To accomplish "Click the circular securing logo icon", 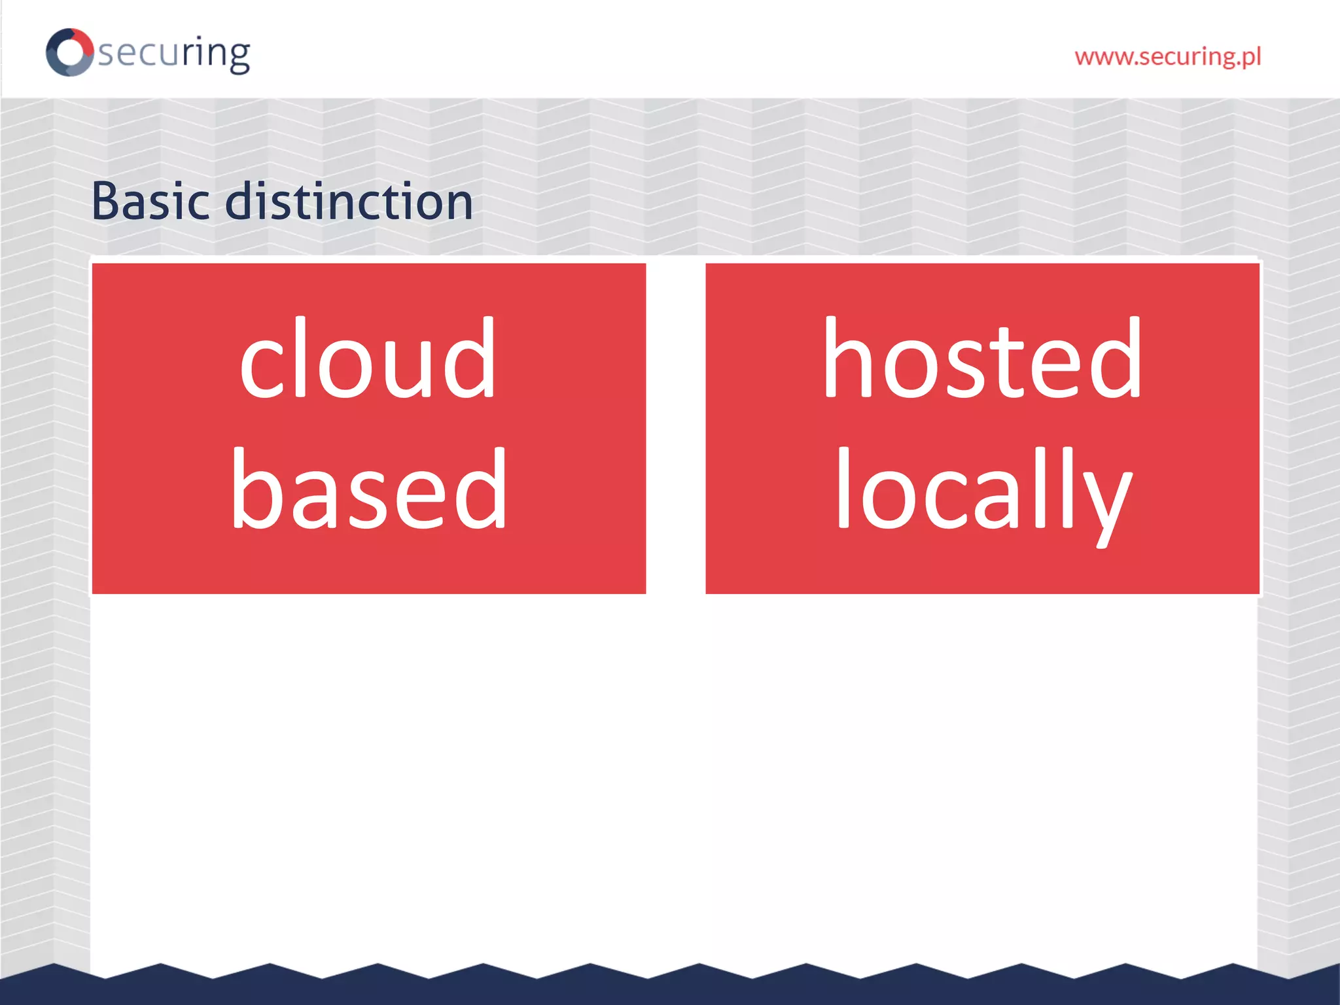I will (x=69, y=52).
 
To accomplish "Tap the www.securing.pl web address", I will (x=1167, y=57).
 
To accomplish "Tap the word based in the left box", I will (x=369, y=489).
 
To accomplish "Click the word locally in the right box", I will (x=983, y=491).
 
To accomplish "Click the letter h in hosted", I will (x=849, y=359).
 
